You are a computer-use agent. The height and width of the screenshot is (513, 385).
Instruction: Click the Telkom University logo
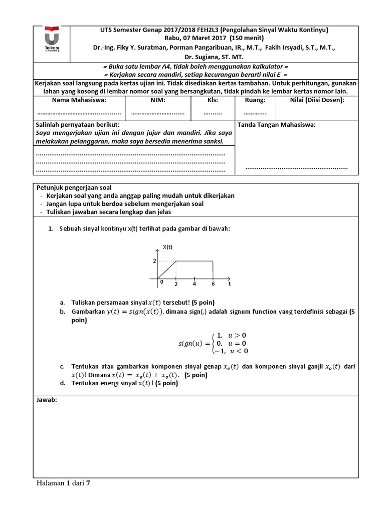pyautogui.click(x=52, y=40)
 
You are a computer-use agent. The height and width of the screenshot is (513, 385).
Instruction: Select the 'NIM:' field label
pyautogui.click(x=158, y=100)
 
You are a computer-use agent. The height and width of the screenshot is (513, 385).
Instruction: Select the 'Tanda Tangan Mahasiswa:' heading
pyautogui.click(x=276, y=125)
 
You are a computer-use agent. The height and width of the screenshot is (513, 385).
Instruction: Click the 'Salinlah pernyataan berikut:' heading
pyautogui.click(x=77, y=125)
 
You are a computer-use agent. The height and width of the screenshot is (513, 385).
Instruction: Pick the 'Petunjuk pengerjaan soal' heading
pyautogui.click(x=73, y=187)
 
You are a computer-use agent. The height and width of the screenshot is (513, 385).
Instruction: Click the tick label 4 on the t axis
pyautogui.click(x=195, y=284)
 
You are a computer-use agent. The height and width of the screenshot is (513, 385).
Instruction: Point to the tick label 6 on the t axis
pyautogui.click(x=214, y=284)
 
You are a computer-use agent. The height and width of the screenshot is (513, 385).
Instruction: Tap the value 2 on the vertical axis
pyautogui.click(x=154, y=261)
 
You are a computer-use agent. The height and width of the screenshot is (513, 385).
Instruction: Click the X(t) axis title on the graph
pyautogui.click(x=167, y=247)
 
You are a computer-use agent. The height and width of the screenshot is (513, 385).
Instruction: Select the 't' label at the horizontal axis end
pyautogui.click(x=229, y=284)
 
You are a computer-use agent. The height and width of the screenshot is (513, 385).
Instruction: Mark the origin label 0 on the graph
pyautogui.click(x=161, y=282)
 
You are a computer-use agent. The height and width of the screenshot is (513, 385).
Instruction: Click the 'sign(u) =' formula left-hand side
pyautogui.click(x=194, y=344)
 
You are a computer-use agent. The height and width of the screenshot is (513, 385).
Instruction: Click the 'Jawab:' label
pyautogui.click(x=47, y=400)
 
